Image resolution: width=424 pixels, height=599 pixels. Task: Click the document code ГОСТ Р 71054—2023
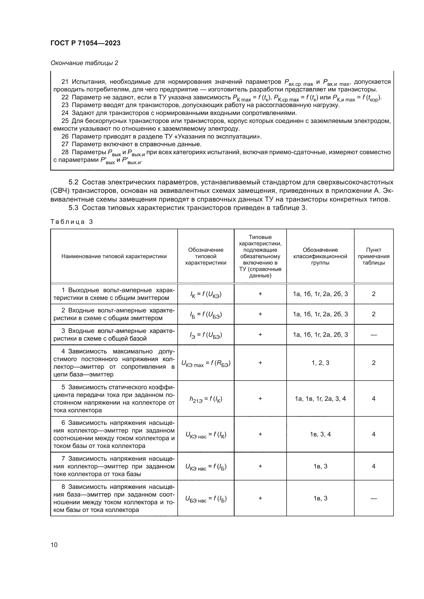[x=85, y=43]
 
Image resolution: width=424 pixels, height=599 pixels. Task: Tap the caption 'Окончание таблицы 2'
[x=84, y=63]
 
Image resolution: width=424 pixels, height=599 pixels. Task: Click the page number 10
[x=54, y=545]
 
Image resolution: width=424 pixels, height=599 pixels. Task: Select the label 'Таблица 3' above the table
[x=72, y=222]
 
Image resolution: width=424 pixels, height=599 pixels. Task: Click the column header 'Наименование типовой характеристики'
[x=114, y=256]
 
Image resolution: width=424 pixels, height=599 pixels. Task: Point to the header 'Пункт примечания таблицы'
[x=373, y=256]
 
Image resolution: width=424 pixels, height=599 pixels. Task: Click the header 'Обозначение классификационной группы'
[x=320, y=256]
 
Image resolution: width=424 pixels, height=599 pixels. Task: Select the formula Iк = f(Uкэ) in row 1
[x=206, y=294]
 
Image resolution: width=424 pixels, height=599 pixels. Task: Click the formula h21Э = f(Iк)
[x=206, y=399]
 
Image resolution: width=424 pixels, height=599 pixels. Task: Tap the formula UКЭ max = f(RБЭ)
[x=206, y=363]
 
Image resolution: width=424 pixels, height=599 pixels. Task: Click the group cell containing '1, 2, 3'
[x=320, y=363]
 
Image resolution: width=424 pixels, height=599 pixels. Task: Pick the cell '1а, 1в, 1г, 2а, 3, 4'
[x=320, y=398]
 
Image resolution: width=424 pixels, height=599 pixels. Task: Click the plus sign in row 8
[x=260, y=498]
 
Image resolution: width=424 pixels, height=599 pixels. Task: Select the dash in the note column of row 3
[x=373, y=335]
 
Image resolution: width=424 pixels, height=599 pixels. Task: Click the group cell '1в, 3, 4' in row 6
[x=320, y=434]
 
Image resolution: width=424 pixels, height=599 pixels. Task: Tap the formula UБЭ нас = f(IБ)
[x=206, y=499]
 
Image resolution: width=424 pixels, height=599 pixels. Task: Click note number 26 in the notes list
[x=65, y=136]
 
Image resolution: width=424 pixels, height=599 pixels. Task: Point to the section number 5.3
[x=73, y=208]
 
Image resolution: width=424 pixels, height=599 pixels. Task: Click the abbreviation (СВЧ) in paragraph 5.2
[x=59, y=191]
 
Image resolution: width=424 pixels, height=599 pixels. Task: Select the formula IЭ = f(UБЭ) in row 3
[x=206, y=335]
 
